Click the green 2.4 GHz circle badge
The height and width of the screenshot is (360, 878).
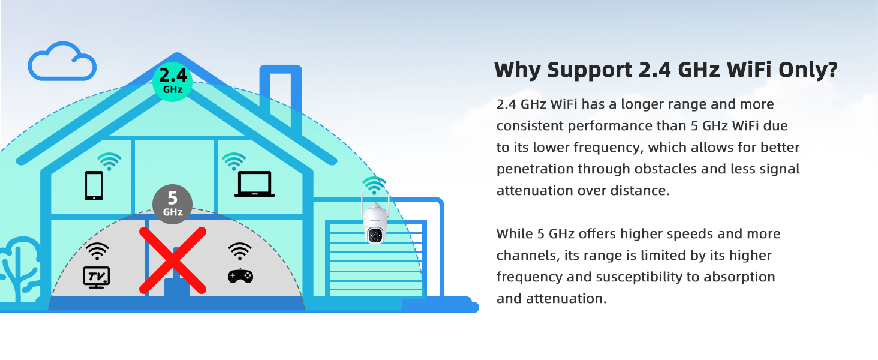coord(173,82)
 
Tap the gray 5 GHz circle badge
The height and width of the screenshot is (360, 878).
coord(172,204)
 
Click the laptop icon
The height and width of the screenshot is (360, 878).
coord(254,184)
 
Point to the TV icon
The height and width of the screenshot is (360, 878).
coord(96,277)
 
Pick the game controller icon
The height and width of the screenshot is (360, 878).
coord(240,275)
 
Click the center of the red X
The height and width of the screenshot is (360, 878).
coord(173,260)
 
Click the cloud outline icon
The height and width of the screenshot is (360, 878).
coord(62,62)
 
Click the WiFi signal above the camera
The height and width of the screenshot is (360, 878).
coord(374,185)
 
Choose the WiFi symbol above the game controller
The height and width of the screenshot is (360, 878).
coord(240,250)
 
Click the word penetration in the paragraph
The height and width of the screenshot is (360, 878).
coord(534,169)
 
